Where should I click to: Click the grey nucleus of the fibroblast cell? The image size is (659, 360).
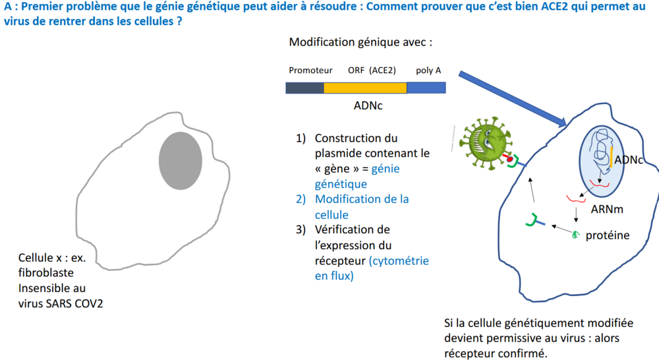click(x=181, y=161)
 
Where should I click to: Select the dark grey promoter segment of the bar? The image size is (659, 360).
click(x=304, y=88)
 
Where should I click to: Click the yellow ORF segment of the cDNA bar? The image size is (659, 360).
click(x=365, y=88)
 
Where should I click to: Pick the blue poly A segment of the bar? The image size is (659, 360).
click(x=426, y=88)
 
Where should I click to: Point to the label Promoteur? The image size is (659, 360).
click(x=310, y=71)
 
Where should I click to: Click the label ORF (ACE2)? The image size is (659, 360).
click(x=372, y=71)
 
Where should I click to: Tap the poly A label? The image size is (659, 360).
click(x=428, y=71)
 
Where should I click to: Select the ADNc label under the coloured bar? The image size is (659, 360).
click(x=368, y=105)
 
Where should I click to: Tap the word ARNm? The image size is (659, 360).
click(x=607, y=209)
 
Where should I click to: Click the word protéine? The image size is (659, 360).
click(x=608, y=235)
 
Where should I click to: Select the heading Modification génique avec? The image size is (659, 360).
click(x=360, y=42)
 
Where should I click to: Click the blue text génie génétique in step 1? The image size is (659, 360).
click(x=357, y=176)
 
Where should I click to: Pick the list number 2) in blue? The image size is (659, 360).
click(x=301, y=199)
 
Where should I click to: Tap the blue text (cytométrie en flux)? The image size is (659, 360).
click(x=372, y=268)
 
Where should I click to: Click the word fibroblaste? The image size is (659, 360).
click(x=46, y=273)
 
